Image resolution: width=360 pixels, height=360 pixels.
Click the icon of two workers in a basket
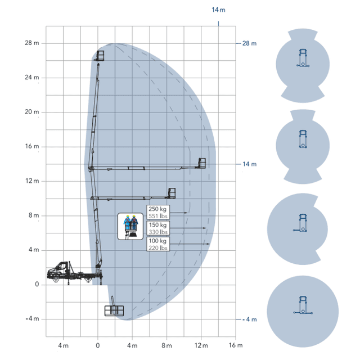click(x=130, y=226)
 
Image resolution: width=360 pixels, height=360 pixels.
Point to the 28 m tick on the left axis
click(x=32, y=43)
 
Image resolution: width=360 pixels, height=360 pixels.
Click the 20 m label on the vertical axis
click(x=32, y=112)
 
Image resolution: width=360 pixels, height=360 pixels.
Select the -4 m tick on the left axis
click(x=33, y=319)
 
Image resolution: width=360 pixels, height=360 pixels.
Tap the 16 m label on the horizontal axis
click(x=236, y=345)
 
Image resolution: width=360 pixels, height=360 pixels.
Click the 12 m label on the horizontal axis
click(x=201, y=345)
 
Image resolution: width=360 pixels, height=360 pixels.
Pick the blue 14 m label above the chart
click(x=218, y=10)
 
